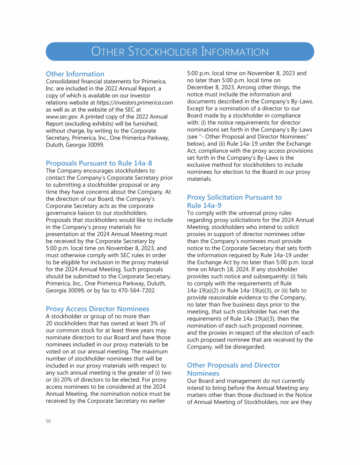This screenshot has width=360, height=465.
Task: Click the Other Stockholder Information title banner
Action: point(180,52)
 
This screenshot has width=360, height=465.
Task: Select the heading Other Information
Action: point(75,74)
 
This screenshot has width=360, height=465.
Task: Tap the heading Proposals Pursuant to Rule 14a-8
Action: point(99,163)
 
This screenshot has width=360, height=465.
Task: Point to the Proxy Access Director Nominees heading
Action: point(97,309)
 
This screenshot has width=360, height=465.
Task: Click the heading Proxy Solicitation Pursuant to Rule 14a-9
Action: point(234,201)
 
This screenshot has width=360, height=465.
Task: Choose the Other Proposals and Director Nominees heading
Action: point(233,369)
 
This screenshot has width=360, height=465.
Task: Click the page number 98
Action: point(48,421)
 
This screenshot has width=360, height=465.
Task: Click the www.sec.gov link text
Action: point(62,116)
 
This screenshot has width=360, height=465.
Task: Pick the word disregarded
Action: point(236,347)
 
